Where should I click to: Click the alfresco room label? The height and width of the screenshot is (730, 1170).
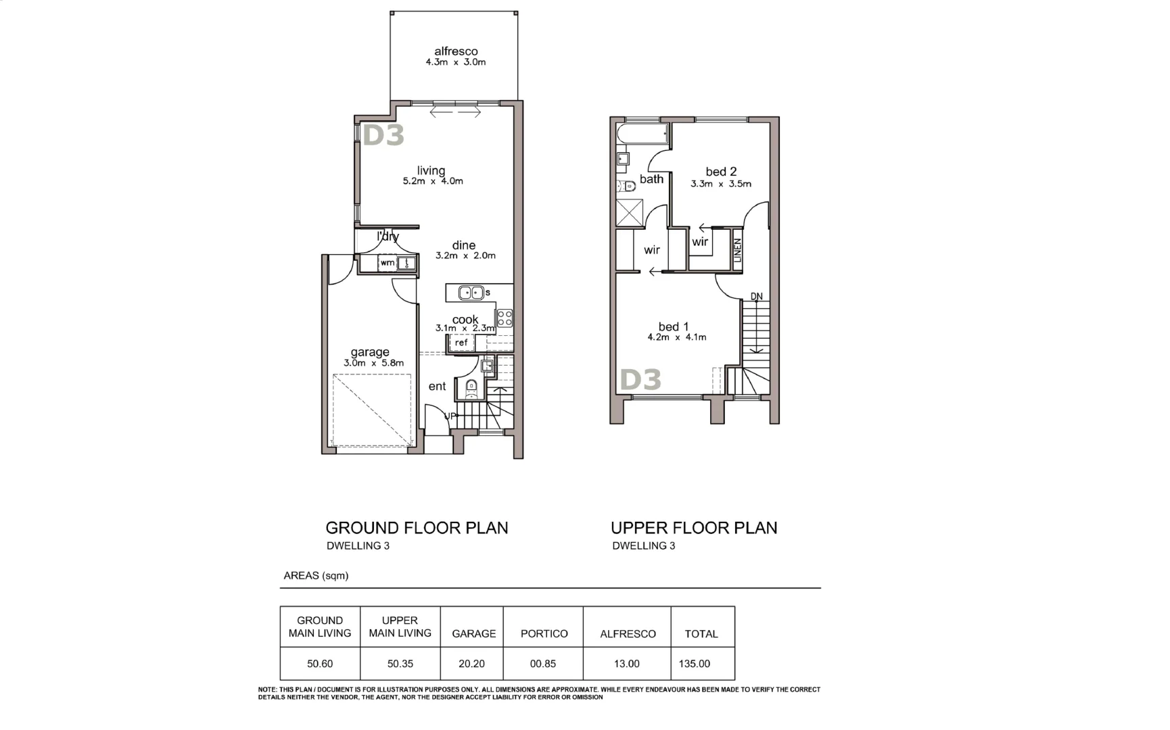coord(456,51)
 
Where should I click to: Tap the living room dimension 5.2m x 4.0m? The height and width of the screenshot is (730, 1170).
coord(433,181)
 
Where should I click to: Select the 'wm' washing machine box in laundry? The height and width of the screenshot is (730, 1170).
coord(388,263)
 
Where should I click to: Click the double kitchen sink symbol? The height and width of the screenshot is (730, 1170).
coord(471,293)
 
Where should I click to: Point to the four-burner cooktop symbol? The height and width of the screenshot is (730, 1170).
coord(505,318)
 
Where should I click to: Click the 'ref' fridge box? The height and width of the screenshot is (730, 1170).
coord(461,343)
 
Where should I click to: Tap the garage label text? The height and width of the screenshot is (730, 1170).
coord(370,352)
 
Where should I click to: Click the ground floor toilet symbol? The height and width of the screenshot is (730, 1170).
coord(471,388)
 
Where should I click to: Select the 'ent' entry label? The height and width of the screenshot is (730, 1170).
coord(437,387)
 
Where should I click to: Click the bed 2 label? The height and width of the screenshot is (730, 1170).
coord(721,172)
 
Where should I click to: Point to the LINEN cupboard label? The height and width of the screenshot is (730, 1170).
coord(738,250)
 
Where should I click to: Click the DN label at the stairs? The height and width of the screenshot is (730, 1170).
coord(756,297)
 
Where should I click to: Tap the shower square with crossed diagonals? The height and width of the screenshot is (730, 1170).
coord(630,213)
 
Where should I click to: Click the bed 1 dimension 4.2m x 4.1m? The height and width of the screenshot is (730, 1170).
coord(676,337)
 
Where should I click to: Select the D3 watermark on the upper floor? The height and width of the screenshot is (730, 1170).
coord(640,380)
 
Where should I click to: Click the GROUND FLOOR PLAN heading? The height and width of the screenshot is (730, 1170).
coord(417,528)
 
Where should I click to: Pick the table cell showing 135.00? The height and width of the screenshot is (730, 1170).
coord(695,664)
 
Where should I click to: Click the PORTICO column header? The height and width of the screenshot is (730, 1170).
coord(544,634)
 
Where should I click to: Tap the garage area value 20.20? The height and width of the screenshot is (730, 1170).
coord(471,664)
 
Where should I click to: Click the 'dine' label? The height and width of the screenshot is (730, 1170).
coord(464,245)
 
